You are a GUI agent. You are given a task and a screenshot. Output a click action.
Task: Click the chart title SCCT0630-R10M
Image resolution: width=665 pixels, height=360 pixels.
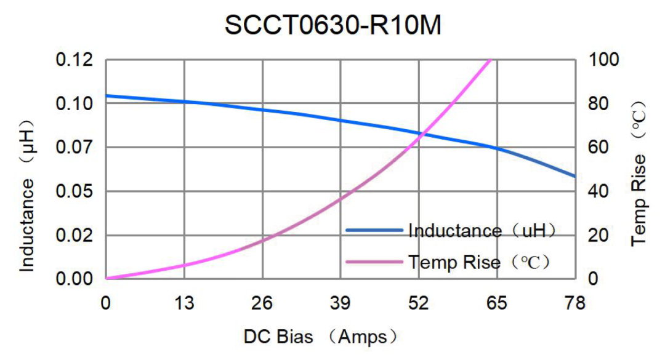coord(332,25)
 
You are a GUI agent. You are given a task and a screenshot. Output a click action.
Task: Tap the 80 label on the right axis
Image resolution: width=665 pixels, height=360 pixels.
coord(600,104)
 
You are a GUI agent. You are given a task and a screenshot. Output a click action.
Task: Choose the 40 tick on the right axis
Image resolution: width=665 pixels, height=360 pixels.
coord(600,191)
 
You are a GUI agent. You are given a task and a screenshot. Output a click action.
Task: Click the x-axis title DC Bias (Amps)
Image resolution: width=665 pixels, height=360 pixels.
coord(320,337)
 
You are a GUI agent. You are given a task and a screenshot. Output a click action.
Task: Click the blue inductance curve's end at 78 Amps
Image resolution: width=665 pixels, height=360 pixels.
coord(575,177)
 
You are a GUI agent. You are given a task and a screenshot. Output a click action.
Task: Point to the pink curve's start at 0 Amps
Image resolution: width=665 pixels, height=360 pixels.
coord(107,279)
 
